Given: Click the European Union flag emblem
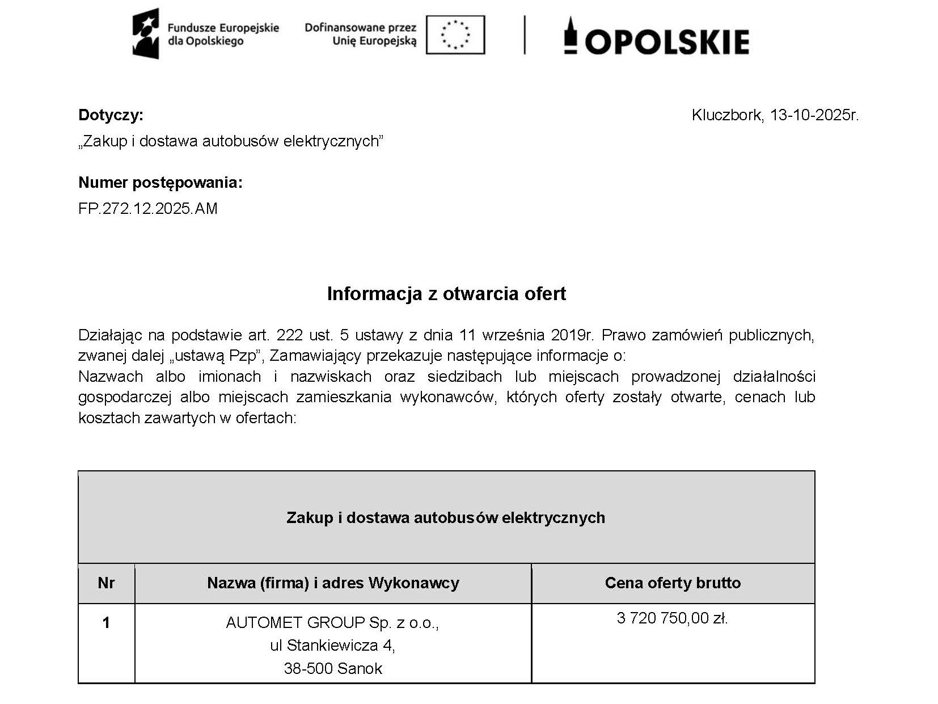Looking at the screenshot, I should coord(455,35).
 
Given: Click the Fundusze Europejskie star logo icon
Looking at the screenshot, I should coord(146,34).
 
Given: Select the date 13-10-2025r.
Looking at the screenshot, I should coord(814,115).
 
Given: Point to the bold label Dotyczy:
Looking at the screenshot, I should coord(111,115).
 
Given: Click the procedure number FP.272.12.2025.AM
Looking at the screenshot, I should coord(147,209).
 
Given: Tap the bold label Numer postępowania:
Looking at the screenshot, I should coord(160,183).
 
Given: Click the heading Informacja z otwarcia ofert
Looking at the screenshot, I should coord(446,293).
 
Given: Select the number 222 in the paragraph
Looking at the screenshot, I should coord(290,335).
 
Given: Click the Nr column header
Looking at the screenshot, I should coord(106,583).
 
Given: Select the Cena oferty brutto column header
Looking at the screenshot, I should coord(673,583).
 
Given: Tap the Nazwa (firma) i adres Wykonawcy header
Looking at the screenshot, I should coord(333,583).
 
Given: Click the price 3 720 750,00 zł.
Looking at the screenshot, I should coord(672,618).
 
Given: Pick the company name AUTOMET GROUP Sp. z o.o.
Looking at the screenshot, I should coord(332,623).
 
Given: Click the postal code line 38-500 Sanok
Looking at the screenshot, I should coord(333,668).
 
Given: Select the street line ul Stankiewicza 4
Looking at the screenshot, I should coord(332,646).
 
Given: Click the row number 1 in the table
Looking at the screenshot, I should coord(106,623).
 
